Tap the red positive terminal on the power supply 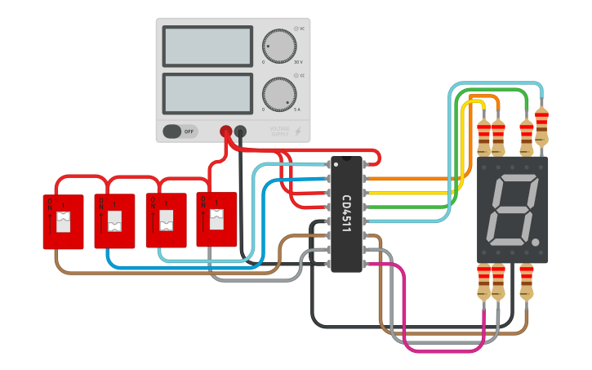pos(226,131)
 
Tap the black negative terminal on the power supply pos(240,131)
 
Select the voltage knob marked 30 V pos(279,47)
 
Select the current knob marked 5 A pos(279,95)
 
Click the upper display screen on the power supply pos(207,46)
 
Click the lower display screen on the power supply pos(207,94)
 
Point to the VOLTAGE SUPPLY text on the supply pos(280,131)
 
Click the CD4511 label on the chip pos(346,214)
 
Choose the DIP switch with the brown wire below pos(63,221)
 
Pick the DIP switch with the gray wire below pos(216,220)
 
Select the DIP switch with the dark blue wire pos(114,221)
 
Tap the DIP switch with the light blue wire pos(166,221)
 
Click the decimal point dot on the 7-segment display pos(535,243)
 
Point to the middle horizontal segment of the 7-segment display pos(513,210)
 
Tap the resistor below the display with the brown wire pos(526,282)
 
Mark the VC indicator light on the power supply pos(296,29)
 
